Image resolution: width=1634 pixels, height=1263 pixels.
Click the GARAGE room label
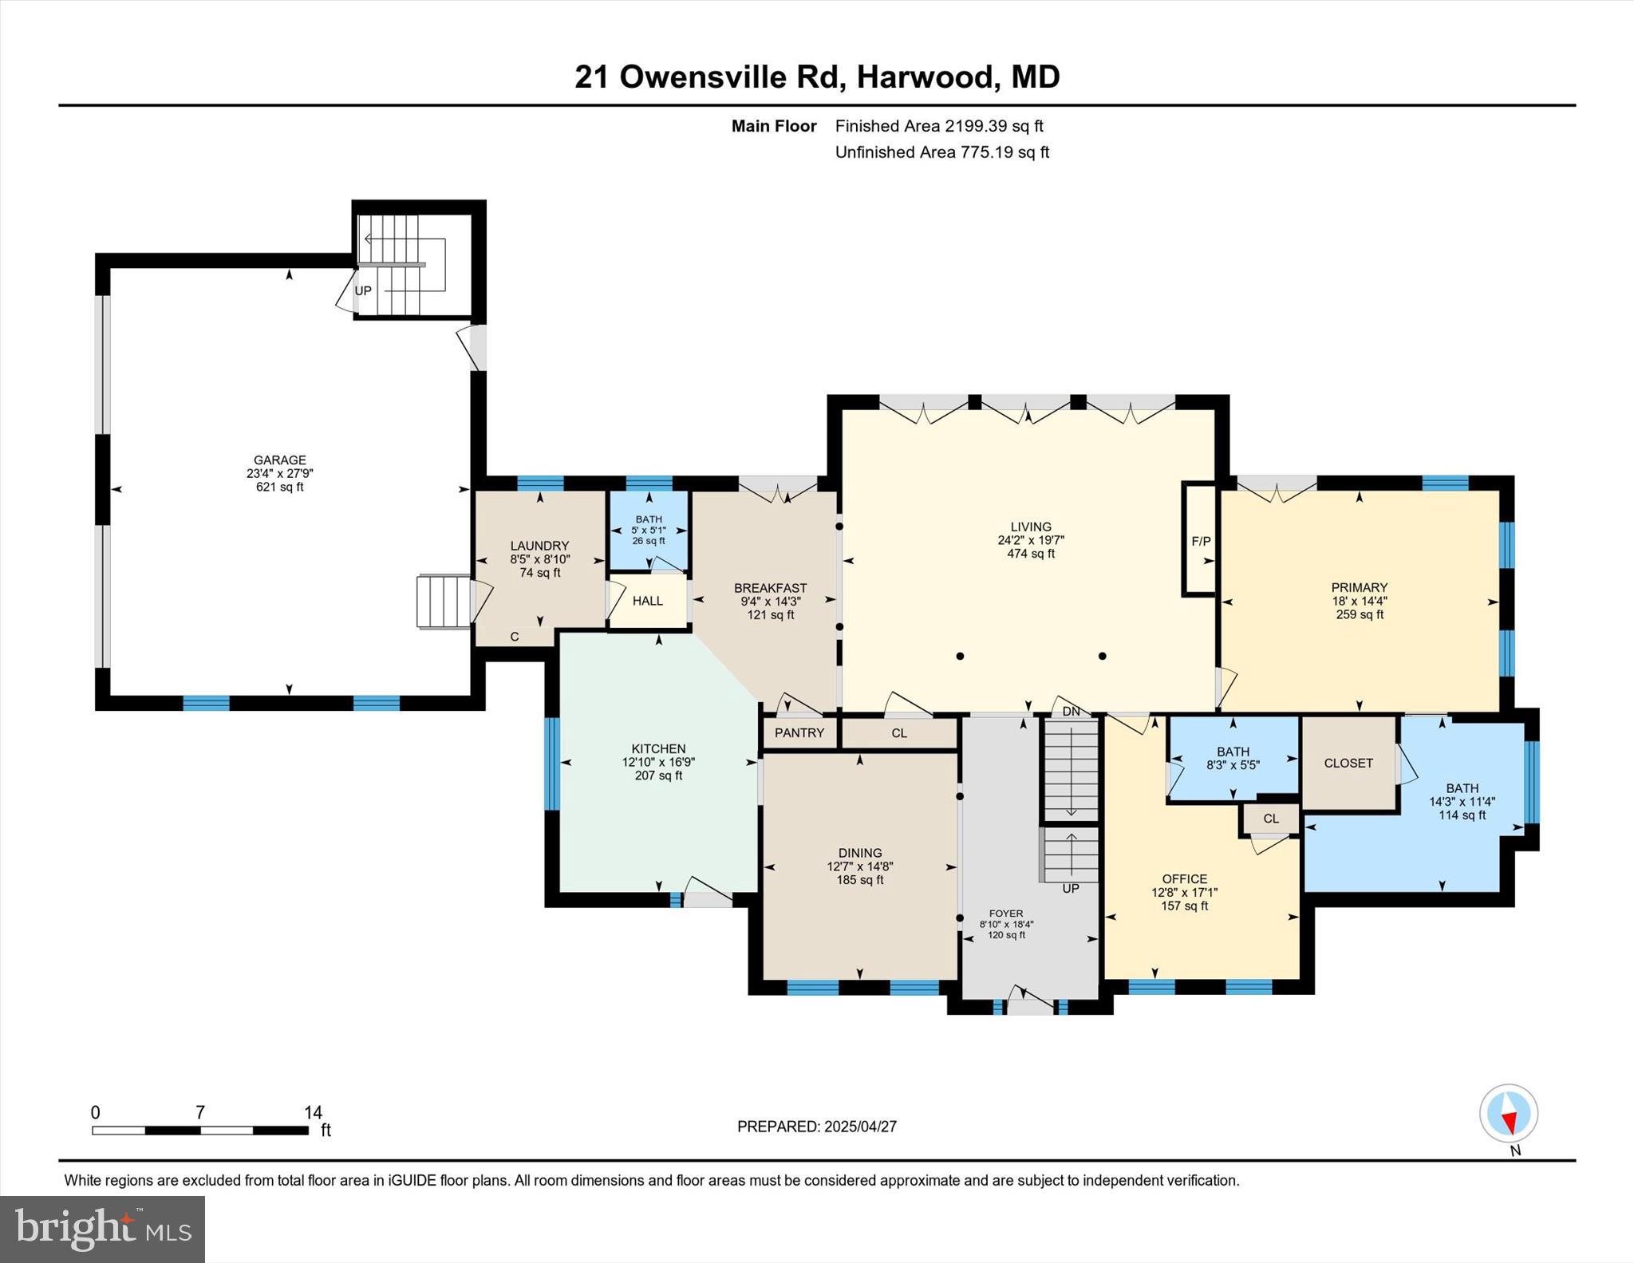click(279, 460)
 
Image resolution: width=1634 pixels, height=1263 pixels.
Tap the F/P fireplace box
click(1200, 541)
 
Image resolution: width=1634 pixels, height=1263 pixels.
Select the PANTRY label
click(799, 732)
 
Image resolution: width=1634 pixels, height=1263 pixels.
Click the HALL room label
click(647, 601)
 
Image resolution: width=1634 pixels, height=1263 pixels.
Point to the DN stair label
click(1071, 711)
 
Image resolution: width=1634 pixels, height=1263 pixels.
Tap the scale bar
click(199, 1130)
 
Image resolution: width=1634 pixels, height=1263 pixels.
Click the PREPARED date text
click(816, 1127)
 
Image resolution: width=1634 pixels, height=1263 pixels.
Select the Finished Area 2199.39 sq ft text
click(939, 126)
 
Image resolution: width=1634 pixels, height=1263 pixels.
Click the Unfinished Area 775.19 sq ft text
click(941, 152)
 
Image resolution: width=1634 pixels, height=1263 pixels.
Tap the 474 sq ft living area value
click(1031, 554)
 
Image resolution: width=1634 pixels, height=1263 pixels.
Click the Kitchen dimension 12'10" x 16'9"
click(658, 762)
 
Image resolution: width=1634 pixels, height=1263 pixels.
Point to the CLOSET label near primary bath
click(1348, 763)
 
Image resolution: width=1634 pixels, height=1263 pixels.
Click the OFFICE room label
click(1184, 879)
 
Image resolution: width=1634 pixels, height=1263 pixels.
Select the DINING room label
click(859, 853)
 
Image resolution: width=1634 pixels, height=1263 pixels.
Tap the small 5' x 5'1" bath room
click(649, 529)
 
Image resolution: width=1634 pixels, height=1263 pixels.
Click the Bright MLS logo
click(102, 1229)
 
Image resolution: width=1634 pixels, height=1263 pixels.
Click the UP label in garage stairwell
click(363, 290)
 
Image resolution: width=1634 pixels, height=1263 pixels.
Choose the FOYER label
click(1005, 914)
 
